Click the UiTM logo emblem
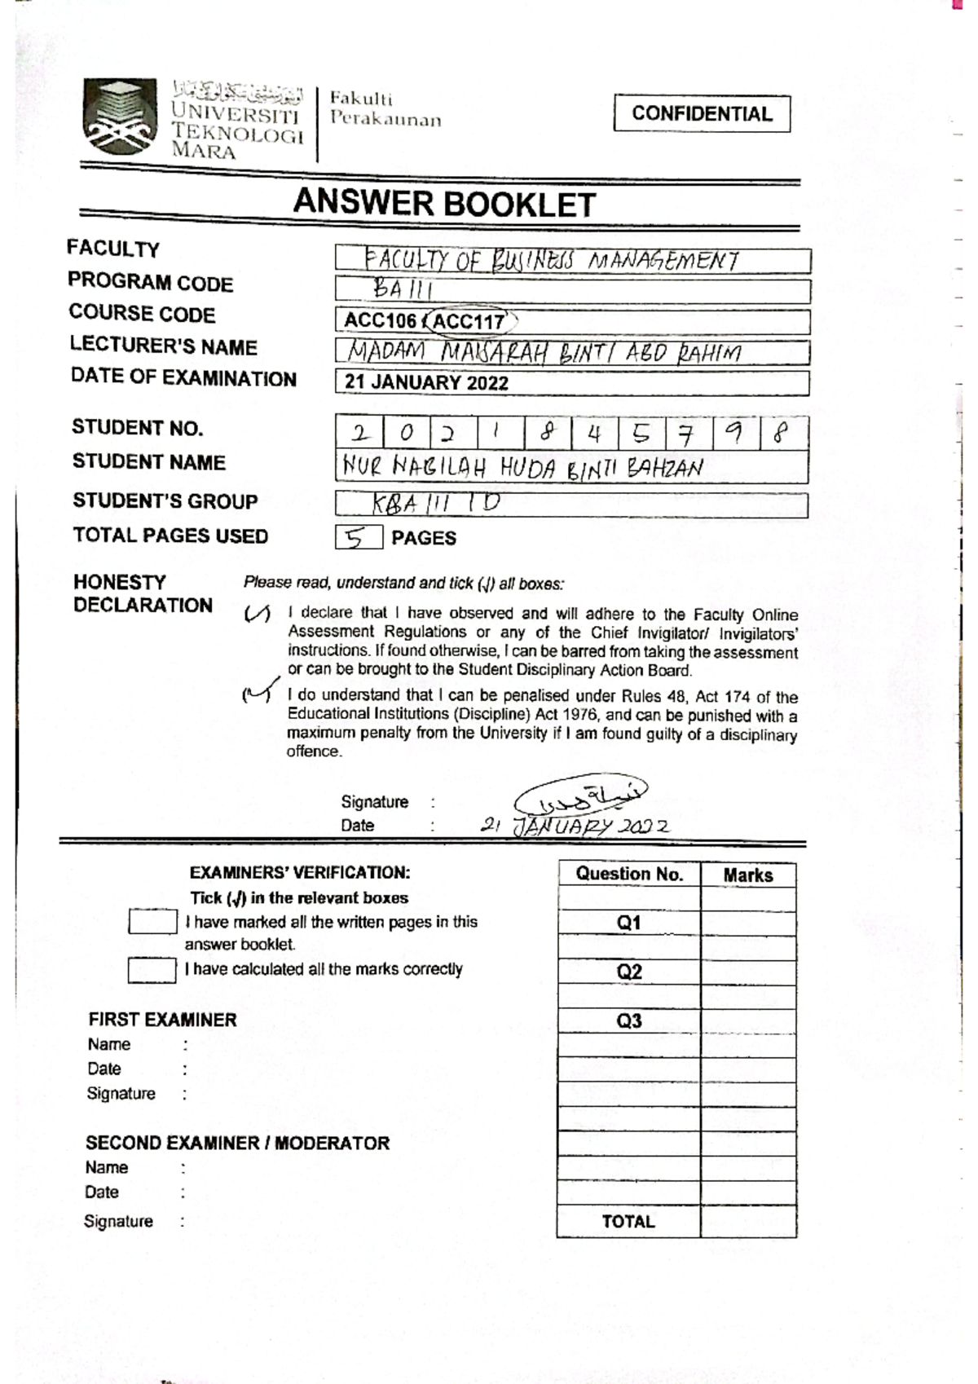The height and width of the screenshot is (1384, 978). click(x=119, y=116)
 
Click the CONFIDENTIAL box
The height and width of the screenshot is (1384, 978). click(x=702, y=113)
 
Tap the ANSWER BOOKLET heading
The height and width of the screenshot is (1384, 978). click(x=444, y=204)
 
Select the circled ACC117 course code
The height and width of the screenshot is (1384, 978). click(x=469, y=321)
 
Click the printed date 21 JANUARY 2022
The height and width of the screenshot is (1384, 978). click(x=426, y=382)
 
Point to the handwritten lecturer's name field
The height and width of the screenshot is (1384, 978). click(x=544, y=353)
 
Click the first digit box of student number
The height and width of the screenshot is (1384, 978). click(x=359, y=433)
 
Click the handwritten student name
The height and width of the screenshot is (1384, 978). click(x=522, y=468)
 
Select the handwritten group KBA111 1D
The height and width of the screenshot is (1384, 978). click(x=436, y=504)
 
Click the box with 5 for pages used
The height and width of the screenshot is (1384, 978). click(x=357, y=537)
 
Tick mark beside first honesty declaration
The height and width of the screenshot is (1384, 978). click(x=257, y=615)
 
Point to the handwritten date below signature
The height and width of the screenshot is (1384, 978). click(x=575, y=826)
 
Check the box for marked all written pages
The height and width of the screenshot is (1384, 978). click(x=152, y=922)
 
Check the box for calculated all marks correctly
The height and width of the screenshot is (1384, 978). click(x=152, y=970)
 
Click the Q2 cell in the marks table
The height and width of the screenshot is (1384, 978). click(x=628, y=972)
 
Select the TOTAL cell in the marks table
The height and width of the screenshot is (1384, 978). click(x=628, y=1221)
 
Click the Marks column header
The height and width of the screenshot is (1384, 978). click(x=747, y=875)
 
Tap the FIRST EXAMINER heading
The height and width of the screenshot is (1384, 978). click(x=162, y=1020)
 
